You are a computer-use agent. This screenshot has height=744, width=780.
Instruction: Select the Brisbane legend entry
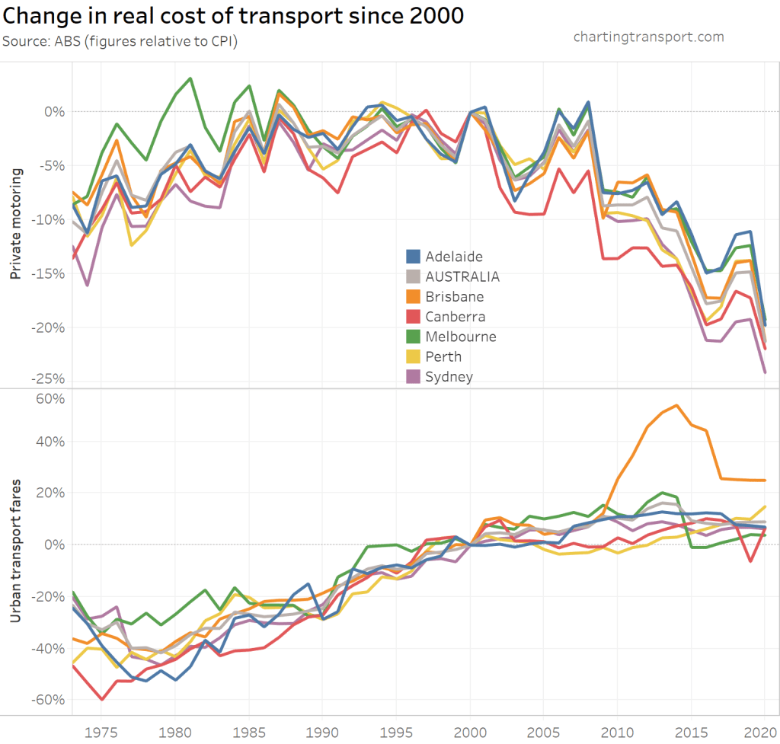(455, 296)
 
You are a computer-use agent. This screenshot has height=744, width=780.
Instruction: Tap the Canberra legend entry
(456, 317)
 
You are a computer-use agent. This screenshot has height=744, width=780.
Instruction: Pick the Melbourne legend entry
(461, 337)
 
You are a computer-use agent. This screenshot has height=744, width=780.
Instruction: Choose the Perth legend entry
(443, 356)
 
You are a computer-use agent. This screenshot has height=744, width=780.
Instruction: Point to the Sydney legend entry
(449, 376)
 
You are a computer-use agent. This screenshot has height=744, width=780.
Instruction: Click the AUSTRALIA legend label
(462, 276)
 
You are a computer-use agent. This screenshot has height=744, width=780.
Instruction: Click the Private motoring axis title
(16, 225)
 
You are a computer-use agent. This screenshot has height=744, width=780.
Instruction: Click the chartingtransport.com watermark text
(647, 37)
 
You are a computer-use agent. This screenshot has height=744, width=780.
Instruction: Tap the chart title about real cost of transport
(233, 16)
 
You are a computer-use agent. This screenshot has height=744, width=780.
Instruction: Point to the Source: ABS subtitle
(120, 41)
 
